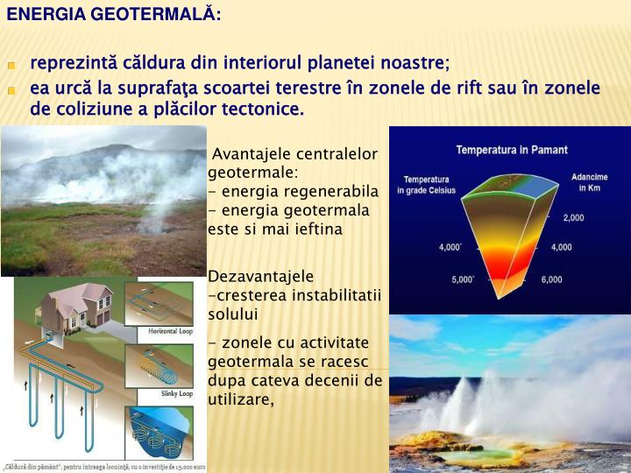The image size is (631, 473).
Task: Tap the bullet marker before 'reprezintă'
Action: coord(12,66)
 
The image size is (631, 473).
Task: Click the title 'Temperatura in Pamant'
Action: coord(511,150)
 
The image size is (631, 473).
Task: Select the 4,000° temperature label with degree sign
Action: coord(450,247)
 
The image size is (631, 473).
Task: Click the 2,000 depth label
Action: coord(573,217)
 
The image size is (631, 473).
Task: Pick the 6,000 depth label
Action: coord(551,279)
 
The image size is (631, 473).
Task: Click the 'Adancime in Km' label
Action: coord(589,183)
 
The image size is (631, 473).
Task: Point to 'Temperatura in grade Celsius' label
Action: coord(426,185)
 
